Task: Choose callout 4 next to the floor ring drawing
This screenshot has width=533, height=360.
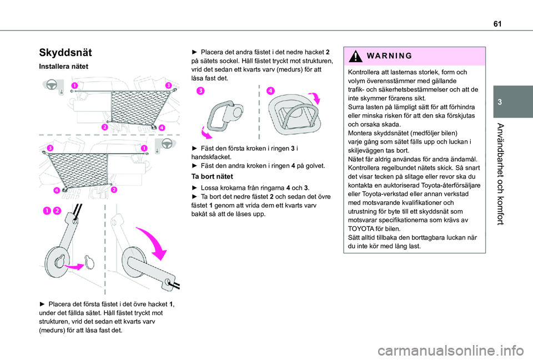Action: click(x=270, y=90)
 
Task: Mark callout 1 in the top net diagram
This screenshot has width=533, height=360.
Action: click(x=74, y=85)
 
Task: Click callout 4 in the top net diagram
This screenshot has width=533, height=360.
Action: click(x=162, y=128)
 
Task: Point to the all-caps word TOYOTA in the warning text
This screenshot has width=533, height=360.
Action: click(x=361, y=229)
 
